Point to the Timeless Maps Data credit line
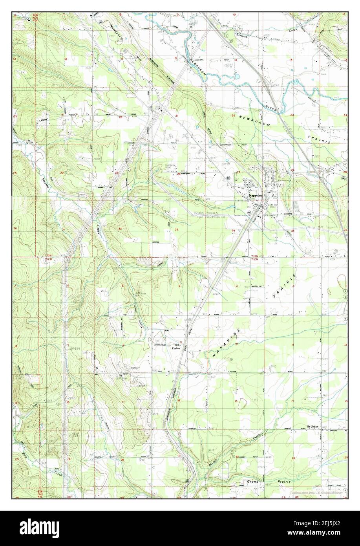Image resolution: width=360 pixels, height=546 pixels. tap(316, 493)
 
